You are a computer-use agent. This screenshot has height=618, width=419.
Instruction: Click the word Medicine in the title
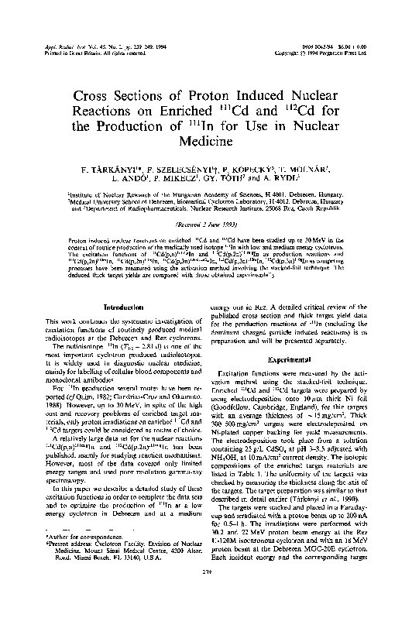click(x=208, y=141)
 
